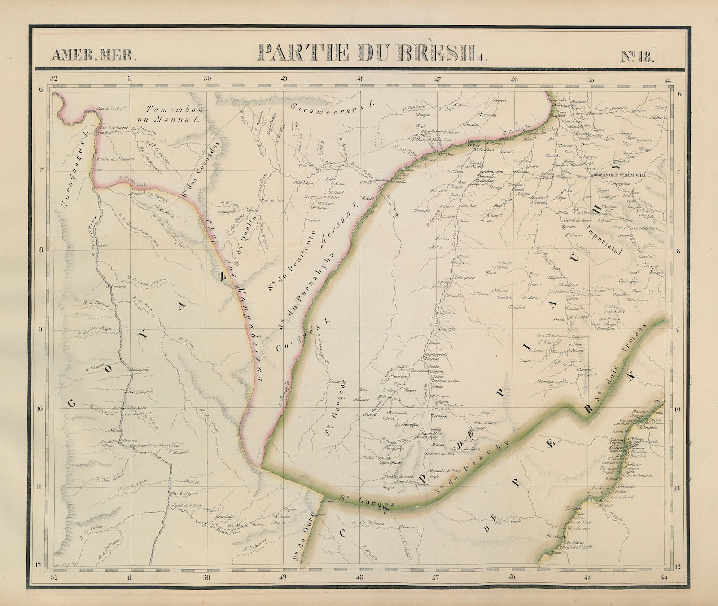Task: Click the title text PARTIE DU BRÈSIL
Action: (x=371, y=53)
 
